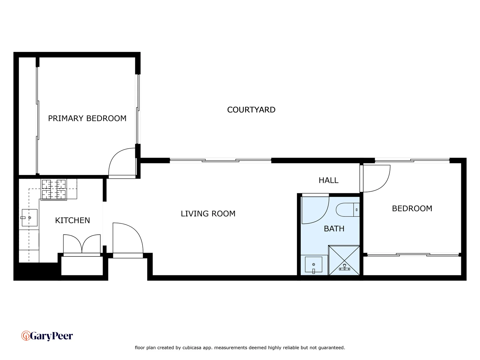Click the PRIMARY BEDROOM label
click(87, 118)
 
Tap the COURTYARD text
click(251, 110)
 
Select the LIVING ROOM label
click(208, 214)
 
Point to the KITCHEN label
click(72, 220)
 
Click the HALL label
click(328, 180)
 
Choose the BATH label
click(334, 229)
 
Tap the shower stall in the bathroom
click(344, 260)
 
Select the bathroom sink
click(313, 265)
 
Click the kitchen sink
click(29, 218)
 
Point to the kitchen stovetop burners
click(54, 189)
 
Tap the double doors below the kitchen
click(82, 244)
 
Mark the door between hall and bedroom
click(376, 178)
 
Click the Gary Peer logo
click(47, 336)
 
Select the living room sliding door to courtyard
click(220, 161)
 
